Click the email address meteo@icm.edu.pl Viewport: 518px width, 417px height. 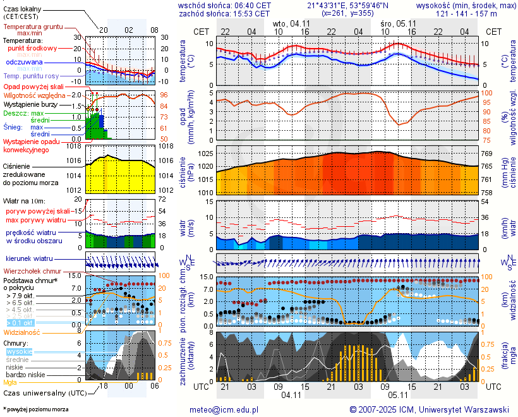click(x=224, y=409)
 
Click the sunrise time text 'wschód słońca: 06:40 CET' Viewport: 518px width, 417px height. click(x=225, y=5)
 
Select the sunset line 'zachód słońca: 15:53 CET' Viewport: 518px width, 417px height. click(x=225, y=13)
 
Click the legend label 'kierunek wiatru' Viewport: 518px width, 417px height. click(x=28, y=259)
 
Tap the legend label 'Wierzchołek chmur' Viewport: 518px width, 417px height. click(x=32, y=270)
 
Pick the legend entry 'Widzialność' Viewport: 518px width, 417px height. click(x=22, y=332)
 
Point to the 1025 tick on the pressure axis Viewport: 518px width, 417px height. click(x=202, y=154)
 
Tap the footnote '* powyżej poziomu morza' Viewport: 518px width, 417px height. click(x=35, y=409)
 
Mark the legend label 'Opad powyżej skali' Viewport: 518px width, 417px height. click(x=33, y=87)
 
